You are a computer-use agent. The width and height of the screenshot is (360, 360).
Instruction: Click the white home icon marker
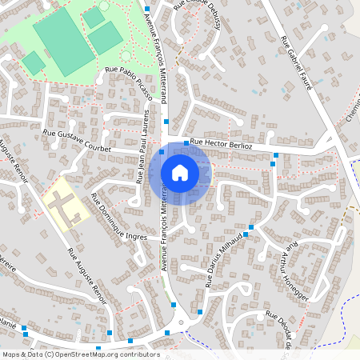pos(180,172)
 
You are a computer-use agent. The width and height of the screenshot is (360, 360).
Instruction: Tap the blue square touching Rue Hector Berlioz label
pos(186,143)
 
